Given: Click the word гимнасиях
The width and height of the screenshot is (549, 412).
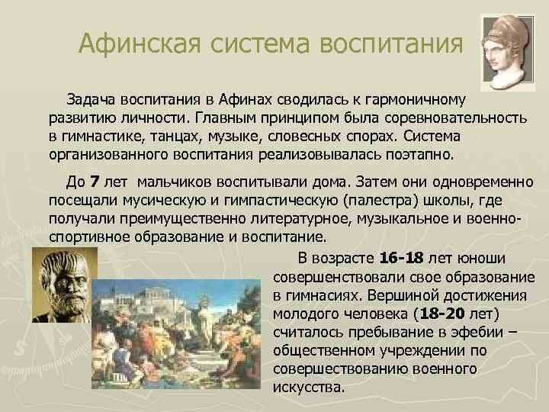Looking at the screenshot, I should [x=327, y=293].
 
